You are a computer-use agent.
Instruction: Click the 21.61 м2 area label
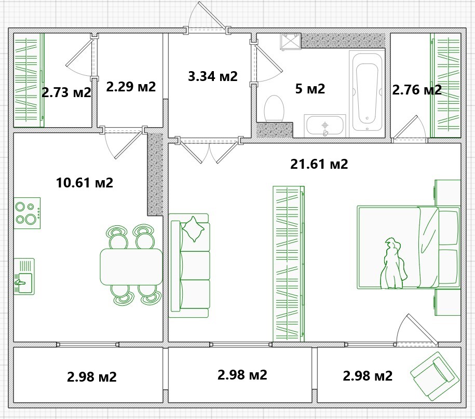[x=319, y=164]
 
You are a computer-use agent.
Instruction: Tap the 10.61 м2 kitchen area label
[x=85, y=183]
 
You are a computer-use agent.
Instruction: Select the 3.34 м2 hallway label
[x=213, y=76]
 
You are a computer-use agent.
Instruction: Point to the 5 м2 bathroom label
[x=310, y=89]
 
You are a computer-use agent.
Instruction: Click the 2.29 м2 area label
[x=131, y=87]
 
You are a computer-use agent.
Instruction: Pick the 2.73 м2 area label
[x=66, y=92]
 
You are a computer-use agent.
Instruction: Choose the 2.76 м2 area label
[x=417, y=90]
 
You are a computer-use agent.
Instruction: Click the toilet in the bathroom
[x=274, y=109]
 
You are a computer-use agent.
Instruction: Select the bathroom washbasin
[x=325, y=126]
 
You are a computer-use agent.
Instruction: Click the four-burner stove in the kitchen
[x=27, y=213]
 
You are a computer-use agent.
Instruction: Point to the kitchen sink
[x=24, y=276]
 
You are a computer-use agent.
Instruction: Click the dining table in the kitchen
[x=131, y=267]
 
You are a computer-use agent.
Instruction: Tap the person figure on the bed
[x=393, y=263]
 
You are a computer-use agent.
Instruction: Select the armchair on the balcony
[x=435, y=376]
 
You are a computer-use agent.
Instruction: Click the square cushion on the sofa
[x=193, y=229]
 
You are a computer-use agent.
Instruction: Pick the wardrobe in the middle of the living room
[x=289, y=264]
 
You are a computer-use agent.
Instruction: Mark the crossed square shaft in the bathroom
[x=291, y=41]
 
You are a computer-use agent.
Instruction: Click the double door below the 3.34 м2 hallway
[x=209, y=150]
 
